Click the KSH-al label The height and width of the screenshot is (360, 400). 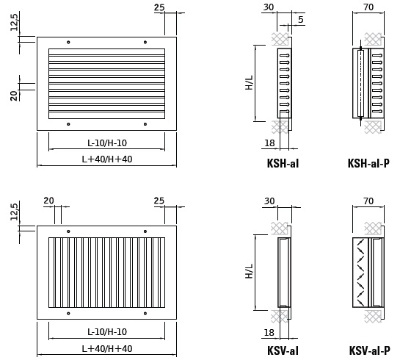coord(283,163)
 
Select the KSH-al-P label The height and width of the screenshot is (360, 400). coord(368,163)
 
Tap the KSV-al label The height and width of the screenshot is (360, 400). coord(283,350)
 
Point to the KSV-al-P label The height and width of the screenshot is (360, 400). coord(369,350)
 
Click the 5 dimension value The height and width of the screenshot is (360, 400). coord(301,19)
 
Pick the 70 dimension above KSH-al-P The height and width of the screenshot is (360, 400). coord(368,7)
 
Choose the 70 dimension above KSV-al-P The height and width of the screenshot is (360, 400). coord(368,201)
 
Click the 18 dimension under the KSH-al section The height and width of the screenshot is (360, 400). coord(269,143)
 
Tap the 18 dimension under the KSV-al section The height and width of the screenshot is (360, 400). coord(269,332)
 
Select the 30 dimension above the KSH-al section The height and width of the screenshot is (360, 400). coord(269,7)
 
